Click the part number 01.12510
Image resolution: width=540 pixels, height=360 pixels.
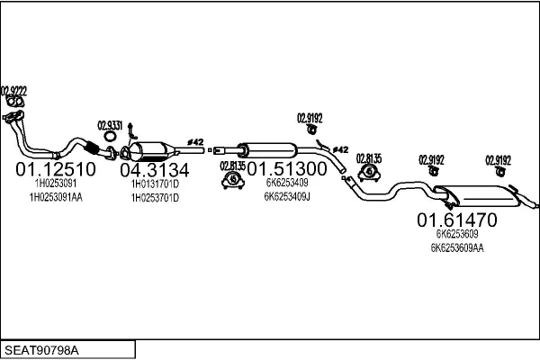pos(56,169)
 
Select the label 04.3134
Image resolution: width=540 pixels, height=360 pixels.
pos(155,170)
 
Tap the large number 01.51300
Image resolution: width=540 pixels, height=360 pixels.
pos(287,169)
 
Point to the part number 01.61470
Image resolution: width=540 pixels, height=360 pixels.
pos(457,220)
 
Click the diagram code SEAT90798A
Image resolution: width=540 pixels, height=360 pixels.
pos(41,350)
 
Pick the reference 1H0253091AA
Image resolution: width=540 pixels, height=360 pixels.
pos(56,197)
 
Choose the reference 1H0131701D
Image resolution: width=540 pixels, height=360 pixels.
pos(156,184)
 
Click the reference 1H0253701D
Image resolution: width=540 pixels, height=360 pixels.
pos(156,198)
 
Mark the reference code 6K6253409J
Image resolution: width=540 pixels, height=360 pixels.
pos(287,197)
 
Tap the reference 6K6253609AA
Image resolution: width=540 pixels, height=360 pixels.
pos(457,247)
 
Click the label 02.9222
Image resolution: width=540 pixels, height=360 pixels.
pos(13,91)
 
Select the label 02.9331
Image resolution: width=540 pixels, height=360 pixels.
pos(110,125)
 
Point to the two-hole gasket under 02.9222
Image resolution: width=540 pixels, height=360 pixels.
pos(15,103)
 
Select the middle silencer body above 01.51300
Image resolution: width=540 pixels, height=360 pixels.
pos(268,150)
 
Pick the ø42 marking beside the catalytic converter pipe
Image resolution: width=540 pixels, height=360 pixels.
pos(195,142)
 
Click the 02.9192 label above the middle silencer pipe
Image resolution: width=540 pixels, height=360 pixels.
pos(310,118)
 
